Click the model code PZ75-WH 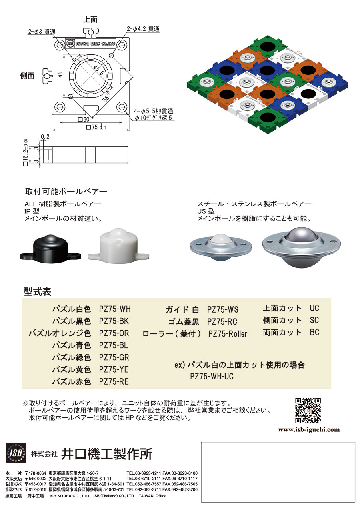coord(115,309)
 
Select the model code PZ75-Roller coord(228,334)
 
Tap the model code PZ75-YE coord(114,369)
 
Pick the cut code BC coord(314,332)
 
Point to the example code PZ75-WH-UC coord(212,376)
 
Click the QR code coord(308,411)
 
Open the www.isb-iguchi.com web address coord(309,430)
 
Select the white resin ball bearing coord(118,246)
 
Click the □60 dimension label coord(84,119)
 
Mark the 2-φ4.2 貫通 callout coord(143,29)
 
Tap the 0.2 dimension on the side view coord(45,137)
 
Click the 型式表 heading coord(38,292)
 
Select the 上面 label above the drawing coord(90,20)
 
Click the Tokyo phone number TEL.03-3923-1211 coord(144,473)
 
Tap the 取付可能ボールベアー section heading coord(66,192)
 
